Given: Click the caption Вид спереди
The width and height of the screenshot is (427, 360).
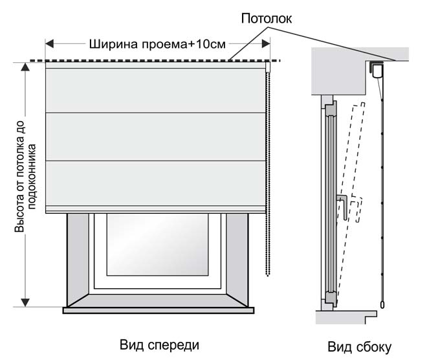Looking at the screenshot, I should [160, 343].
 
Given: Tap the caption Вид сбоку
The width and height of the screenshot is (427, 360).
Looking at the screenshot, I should [359, 346].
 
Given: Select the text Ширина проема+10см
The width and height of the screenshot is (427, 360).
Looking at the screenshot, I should [157, 45].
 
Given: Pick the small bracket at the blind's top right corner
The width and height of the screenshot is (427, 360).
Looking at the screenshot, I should [267, 67].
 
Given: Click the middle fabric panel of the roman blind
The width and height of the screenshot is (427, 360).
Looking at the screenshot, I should [155, 136].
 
